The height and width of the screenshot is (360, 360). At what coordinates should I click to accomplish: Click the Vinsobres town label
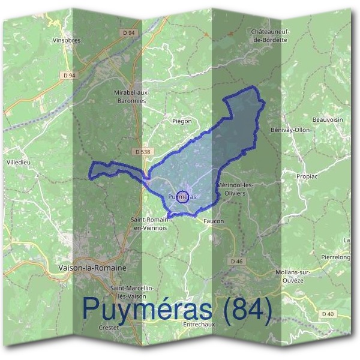[67, 41]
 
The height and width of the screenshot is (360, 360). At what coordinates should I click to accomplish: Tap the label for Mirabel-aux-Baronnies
[131, 97]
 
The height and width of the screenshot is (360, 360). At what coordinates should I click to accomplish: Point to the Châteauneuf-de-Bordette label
[271, 35]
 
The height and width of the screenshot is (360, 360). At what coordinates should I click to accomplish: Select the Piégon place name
[182, 121]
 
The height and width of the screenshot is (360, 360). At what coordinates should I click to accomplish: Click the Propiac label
[307, 177]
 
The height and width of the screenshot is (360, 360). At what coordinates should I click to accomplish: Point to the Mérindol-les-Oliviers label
[238, 189]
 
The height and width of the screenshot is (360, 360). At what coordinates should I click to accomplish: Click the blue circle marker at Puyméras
[183, 196]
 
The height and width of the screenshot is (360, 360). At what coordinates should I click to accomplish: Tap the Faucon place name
[214, 221]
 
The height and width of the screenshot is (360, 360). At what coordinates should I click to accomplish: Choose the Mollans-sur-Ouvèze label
[298, 276]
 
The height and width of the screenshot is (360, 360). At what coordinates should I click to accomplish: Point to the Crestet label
[110, 328]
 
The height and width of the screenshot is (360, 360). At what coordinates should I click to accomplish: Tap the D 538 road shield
[143, 152]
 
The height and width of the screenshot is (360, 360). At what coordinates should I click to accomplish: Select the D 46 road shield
[237, 262]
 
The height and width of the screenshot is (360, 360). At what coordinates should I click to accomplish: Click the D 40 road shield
[327, 314]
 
